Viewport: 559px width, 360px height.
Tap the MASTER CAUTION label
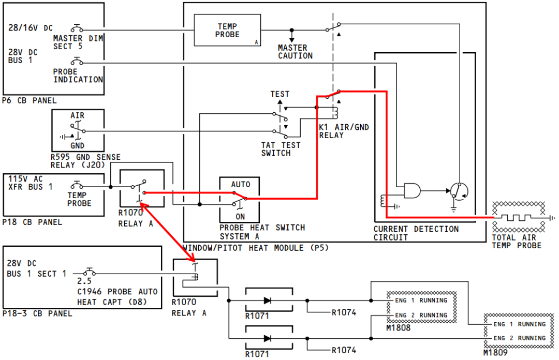click(295, 52)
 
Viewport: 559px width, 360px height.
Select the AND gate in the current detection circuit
click(412, 191)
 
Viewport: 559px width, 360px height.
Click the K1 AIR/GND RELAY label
click(344, 131)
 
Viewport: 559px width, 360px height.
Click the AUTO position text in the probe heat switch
click(241, 184)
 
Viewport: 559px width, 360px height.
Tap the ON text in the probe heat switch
click(240, 216)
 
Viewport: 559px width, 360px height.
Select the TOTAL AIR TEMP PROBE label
click(517, 242)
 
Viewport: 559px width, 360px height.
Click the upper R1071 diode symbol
click(268, 301)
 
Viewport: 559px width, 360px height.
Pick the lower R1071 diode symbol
click(268, 338)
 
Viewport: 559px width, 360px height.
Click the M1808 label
click(398, 327)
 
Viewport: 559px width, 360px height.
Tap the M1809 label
click(495, 353)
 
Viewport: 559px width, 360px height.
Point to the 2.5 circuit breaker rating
click(84, 281)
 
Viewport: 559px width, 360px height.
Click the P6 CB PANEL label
click(29, 100)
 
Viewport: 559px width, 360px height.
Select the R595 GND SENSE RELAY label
click(85, 161)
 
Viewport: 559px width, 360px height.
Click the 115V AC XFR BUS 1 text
click(31, 183)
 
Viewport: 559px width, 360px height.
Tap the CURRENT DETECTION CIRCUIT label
click(416, 233)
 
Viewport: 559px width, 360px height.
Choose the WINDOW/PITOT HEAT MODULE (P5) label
click(255, 248)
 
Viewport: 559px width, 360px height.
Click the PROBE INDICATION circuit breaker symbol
click(77, 62)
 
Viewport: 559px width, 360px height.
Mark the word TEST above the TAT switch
click(280, 94)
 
